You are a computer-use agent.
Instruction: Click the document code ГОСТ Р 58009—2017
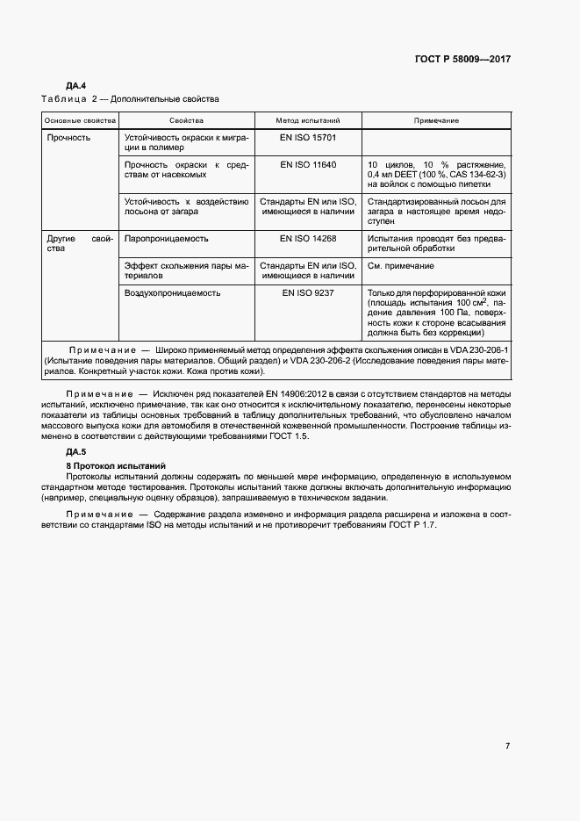tap(462, 60)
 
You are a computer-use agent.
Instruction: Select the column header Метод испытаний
tap(308, 120)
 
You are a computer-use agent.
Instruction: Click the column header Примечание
tap(436, 120)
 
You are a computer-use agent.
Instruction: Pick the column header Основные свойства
tap(80, 120)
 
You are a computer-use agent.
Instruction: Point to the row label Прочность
tap(68, 138)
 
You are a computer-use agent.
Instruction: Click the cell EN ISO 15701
tap(308, 138)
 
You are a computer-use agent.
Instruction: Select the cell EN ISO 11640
tap(308, 164)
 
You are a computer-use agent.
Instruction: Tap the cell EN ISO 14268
tap(308, 238)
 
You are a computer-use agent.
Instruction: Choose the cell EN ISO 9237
tap(308, 293)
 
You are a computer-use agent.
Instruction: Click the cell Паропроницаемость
tap(167, 238)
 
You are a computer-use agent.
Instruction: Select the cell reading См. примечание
tap(400, 265)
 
